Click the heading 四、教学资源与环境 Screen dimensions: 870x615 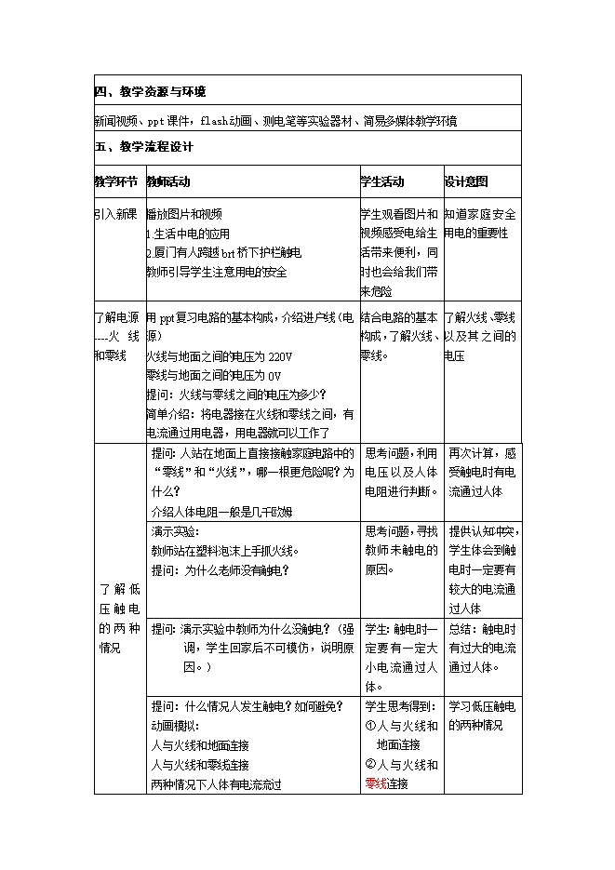tap(150, 92)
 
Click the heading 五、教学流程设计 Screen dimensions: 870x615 tap(143, 147)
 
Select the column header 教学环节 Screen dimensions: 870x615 tap(116, 181)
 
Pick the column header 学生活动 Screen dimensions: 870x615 tap(381, 181)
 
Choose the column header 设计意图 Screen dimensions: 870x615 tap(466, 181)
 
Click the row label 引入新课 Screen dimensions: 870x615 tap(116, 215)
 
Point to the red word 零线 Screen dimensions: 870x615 tap(376, 783)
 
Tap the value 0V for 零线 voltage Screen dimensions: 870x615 tap(274, 375)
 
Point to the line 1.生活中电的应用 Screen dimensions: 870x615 tap(189, 234)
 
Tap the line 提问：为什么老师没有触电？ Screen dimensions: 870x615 tap(220, 569)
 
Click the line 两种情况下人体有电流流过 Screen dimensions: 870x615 tap(216, 783)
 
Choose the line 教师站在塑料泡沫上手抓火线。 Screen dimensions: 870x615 tap(223, 550)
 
